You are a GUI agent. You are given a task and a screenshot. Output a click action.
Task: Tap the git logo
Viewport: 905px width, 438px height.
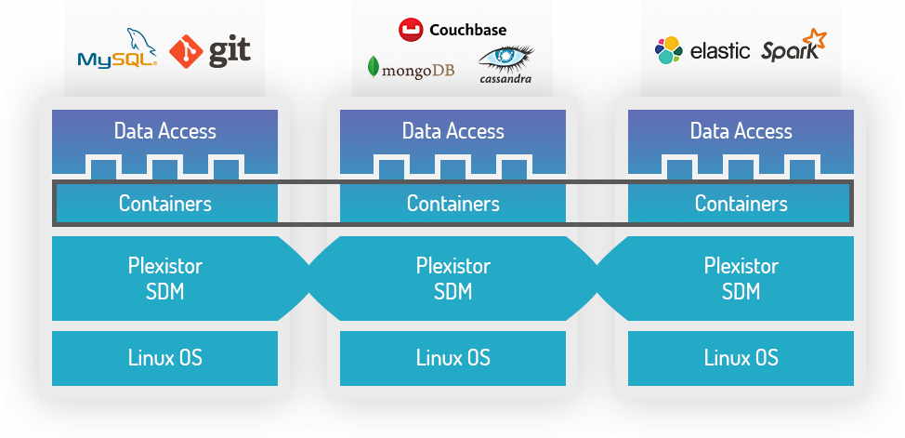click(211, 51)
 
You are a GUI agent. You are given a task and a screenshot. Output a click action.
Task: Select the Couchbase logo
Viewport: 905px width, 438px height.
click(452, 30)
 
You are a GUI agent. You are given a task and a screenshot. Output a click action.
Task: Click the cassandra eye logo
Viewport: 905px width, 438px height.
click(505, 64)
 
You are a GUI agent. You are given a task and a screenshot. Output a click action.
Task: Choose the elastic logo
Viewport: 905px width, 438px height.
click(702, 50)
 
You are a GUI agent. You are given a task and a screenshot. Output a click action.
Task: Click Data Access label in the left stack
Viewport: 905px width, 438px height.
click(164, 131)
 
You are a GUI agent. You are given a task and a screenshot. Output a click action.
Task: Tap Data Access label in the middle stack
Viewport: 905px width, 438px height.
click(452, 131)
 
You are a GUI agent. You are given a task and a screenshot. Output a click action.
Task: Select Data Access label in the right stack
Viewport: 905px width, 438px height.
click(741, 131)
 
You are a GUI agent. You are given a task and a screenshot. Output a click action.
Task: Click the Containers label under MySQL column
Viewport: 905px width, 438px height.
click(164, 204)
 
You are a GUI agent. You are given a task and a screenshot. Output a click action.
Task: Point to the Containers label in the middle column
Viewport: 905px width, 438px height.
click(452, 204)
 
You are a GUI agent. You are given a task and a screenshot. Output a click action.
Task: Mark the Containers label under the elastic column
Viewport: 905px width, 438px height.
click(741, 204)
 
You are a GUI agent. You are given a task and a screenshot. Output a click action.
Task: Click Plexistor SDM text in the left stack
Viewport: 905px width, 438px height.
click(164, 278)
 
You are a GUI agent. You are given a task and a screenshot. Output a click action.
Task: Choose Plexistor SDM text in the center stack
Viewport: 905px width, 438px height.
click(452, 278)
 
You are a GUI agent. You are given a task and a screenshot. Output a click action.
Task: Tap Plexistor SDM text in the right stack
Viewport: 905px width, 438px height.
click(741, 278)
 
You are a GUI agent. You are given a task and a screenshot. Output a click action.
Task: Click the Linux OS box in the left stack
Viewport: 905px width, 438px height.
click(164, 358)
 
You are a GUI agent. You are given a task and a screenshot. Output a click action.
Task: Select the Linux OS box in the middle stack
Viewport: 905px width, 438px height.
click(452, 358)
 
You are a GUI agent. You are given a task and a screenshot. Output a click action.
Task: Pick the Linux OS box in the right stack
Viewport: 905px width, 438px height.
click(741, 358)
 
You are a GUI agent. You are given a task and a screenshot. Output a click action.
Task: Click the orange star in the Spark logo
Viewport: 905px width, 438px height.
click(814, 40)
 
